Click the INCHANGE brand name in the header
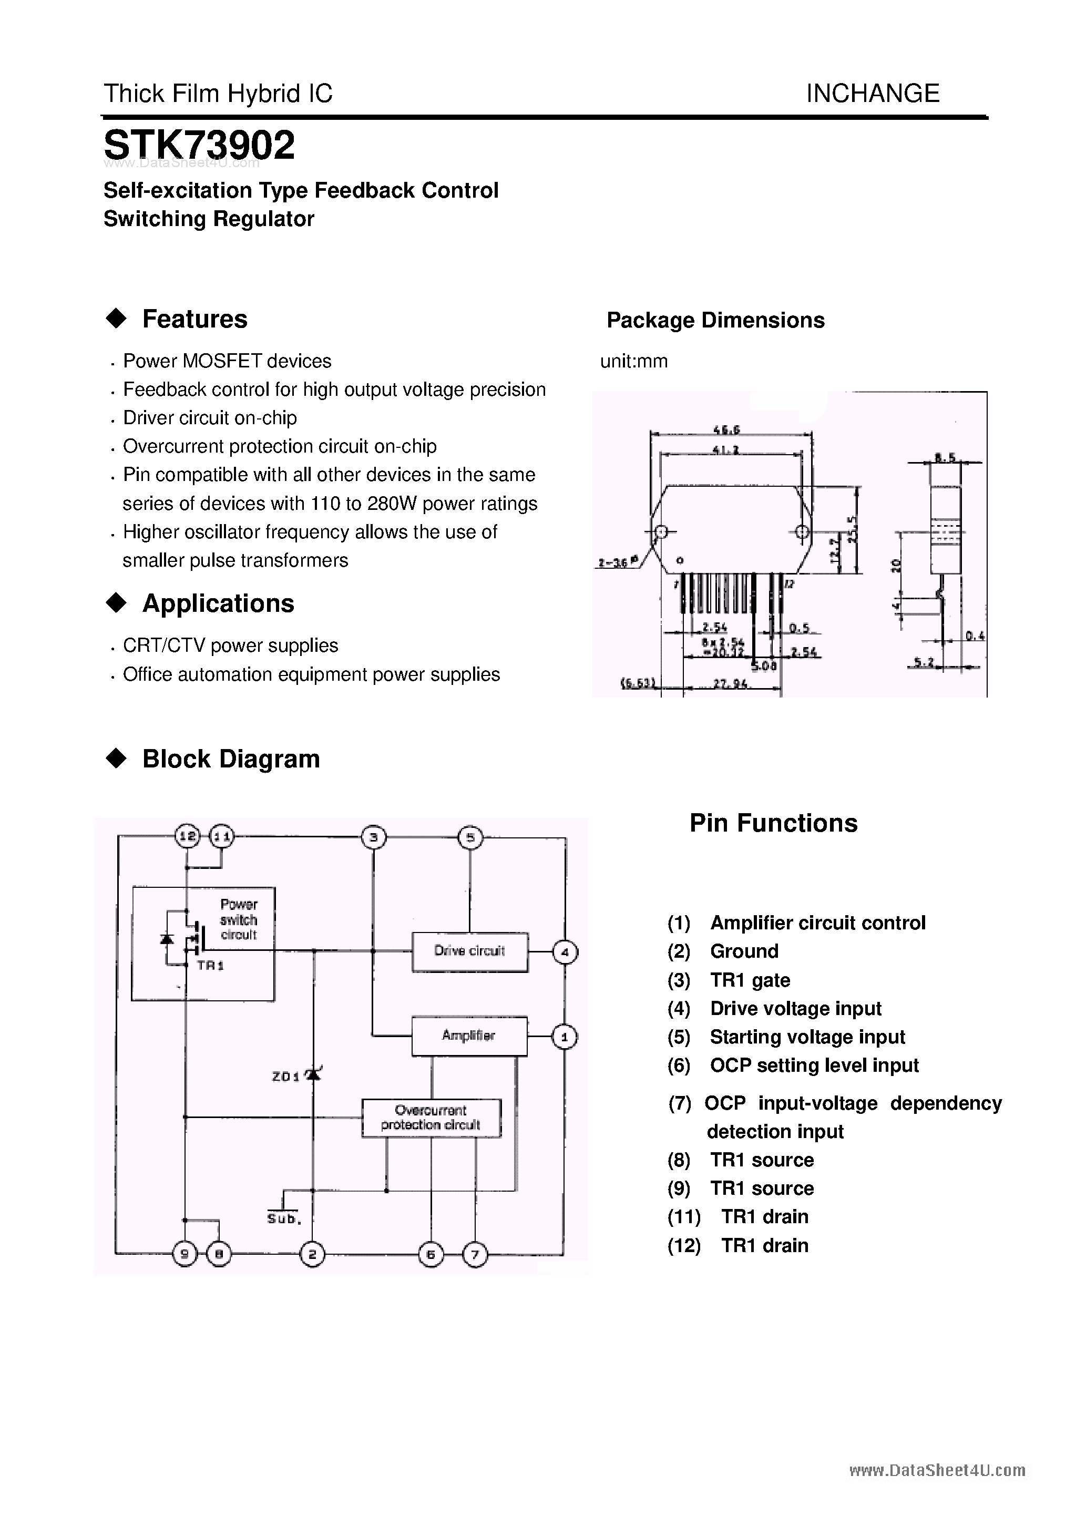873,93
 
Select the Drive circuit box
469,951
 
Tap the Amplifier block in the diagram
469,1036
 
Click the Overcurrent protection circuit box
431,1118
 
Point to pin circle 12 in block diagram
188,836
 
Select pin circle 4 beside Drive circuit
565,952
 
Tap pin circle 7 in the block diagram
475,1254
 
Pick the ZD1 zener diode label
286,1077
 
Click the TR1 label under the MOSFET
210,965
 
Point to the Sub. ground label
284,1218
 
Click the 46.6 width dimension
727,430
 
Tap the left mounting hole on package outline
661,532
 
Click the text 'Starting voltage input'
807,1037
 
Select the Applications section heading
218,603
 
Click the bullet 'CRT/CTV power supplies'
230,645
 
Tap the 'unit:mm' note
633,362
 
